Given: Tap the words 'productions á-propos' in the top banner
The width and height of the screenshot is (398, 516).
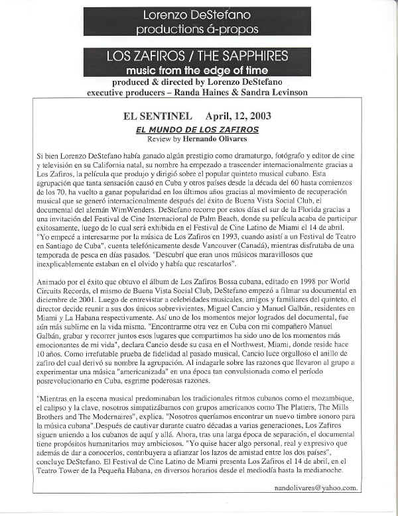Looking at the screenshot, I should pyautogui.click(x=198, y=29).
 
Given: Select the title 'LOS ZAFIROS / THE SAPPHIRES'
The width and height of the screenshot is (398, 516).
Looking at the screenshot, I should pyautogui.click(x=198, y=57).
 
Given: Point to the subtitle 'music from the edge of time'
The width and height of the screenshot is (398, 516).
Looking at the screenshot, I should pyautogui.click(x=198, y=70).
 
